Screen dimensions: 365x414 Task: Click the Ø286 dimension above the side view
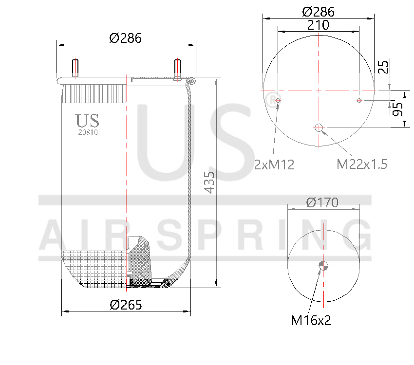[x=126, y=38]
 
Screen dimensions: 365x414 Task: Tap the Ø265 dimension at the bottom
[x=126, y=305]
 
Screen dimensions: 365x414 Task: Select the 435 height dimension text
[x=209, y=182]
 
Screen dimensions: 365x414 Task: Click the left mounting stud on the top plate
[x=75, y=68]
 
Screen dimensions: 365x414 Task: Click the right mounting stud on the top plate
[x=177, y=68]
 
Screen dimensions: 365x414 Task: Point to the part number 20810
[x=88, y=131]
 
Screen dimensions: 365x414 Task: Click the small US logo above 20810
[x=88, y=120]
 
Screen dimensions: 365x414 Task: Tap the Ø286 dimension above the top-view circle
[x=318, y=11]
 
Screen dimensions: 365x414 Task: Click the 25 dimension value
[x=384, y=67]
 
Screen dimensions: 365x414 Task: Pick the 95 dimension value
[x=397, y=109]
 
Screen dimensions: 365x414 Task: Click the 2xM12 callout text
[x=274, y=164]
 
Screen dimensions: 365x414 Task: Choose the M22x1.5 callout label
[x=362, y=164]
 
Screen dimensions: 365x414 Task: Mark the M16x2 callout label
[x=311, y=320]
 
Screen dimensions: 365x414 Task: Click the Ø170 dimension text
[x=322, y=202]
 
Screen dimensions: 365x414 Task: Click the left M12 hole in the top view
[x=278, y=100]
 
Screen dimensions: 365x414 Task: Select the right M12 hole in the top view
[x=359, y=100]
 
